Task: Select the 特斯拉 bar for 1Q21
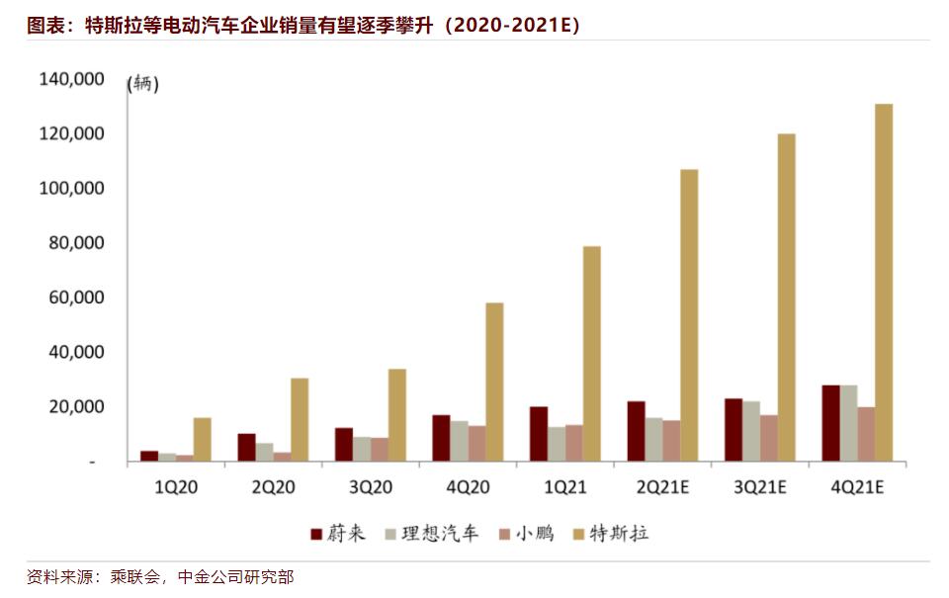coord(591,354)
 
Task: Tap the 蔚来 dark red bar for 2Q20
coord(246,447)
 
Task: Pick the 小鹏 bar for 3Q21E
coord(768,438)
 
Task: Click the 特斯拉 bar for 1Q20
coord(202,439)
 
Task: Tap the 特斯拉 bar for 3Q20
coord(396,415)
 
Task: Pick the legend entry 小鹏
coord(528,534)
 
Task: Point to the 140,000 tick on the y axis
coord(71,79)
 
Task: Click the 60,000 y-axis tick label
coord(75,298)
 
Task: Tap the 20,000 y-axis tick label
coord(75,406)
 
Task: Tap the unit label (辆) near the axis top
coord(143,84)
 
